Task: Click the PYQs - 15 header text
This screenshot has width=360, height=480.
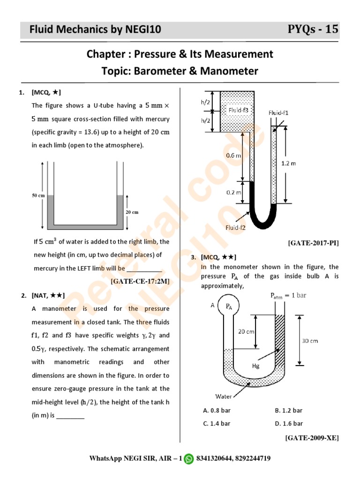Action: pos(313,30)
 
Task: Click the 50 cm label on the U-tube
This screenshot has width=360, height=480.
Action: pos(38,195)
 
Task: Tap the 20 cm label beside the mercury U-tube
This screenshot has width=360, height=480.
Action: pos(133,212)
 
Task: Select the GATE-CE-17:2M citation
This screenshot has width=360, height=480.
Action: pos(140,281)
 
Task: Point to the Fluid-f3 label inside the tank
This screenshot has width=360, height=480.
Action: pos(240,110)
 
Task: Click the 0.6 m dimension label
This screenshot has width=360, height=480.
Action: pos(233,155)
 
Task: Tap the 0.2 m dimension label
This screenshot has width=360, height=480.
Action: pos(233,192)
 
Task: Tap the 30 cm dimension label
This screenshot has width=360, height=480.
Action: pos(309,341)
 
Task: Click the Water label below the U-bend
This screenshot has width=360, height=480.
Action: pos(224,396)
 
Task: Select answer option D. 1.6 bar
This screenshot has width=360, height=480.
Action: pos(288,424)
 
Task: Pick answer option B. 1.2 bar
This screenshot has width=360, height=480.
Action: pos(288,411)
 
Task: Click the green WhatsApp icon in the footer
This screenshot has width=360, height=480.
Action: pos(188,458)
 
